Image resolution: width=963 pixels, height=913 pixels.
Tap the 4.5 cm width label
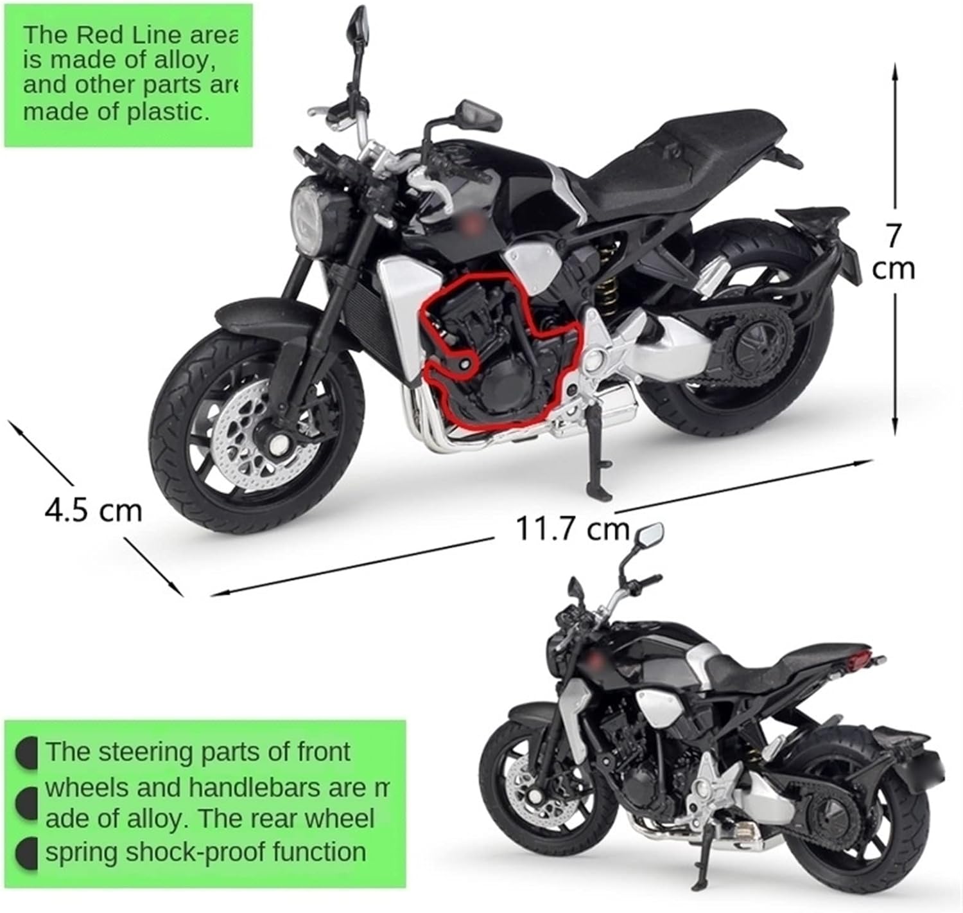(93, 511)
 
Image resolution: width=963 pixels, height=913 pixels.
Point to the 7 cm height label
(893, 252)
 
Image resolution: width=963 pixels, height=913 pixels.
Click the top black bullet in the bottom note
(26, 752)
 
